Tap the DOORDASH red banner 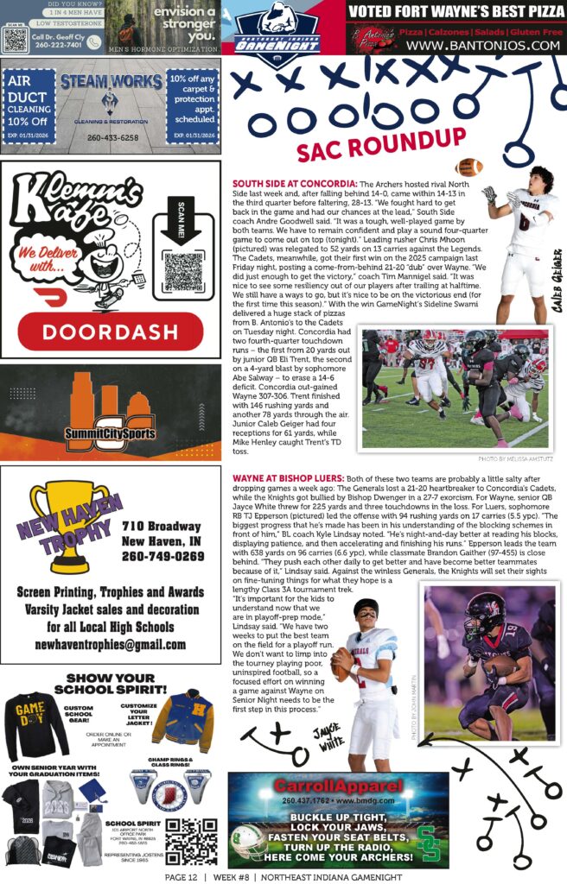click(110, 331)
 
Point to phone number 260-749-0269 click(162, 556)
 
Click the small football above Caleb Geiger click(468, 167)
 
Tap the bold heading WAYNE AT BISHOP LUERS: click(286, 477)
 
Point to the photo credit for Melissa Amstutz click(514, 458)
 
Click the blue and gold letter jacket click(183, 717)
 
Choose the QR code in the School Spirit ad click(191, 840)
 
